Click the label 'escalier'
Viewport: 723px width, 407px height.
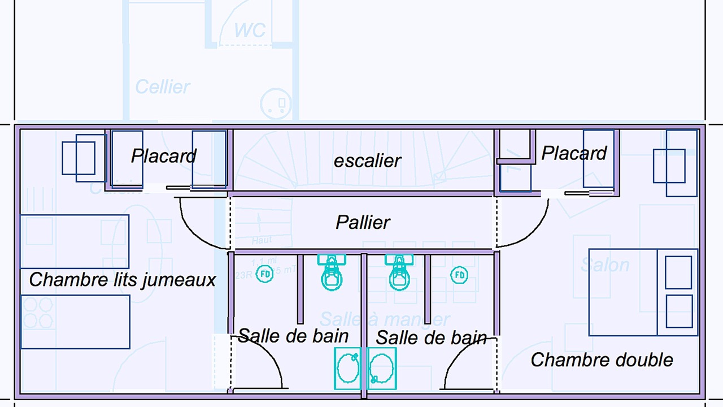coord(367,161)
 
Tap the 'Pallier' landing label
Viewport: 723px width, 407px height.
coord(363,222)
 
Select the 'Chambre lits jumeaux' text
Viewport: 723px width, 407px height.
coord(123,279)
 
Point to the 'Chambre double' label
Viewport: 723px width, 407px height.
coord(602,360)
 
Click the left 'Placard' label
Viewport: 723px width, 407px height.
coord(164,155)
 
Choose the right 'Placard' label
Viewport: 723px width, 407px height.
coord(574,153)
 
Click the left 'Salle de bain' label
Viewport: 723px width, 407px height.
coord(293,336)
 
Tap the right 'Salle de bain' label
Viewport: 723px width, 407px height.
coord(431,338)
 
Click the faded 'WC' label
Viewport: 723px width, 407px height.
coord(250,30)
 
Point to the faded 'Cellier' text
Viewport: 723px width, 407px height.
coord(163,87)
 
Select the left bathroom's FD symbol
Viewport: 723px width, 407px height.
coord(265,275)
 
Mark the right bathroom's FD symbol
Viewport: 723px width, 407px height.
coord(459,275)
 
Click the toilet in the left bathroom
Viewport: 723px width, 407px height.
coord(332,273)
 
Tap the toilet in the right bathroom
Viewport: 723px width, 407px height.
coord(399,273)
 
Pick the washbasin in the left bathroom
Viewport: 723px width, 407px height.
coord(348,368)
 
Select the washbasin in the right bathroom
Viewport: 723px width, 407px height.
coord(382,368)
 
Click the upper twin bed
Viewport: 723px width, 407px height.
coord(75,241)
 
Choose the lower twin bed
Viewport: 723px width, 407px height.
coord(75,322)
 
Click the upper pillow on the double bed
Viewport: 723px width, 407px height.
coord(678,272)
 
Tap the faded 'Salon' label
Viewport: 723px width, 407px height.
coord(605,265)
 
